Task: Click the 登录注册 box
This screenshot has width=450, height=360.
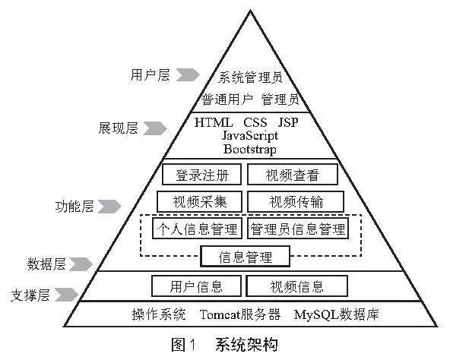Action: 201,175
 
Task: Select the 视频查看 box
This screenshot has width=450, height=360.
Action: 293,175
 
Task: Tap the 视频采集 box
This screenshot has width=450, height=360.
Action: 199,202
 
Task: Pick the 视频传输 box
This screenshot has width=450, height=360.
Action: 296,202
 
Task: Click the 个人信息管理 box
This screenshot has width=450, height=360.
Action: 197,229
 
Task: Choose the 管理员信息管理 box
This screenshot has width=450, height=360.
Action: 298,229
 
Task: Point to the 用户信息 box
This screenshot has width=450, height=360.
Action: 196,286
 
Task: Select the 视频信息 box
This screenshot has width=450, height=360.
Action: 296,286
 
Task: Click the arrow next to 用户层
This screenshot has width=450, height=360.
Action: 188,74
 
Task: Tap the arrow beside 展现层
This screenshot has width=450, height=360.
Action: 155,128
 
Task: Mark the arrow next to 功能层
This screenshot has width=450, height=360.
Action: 109,207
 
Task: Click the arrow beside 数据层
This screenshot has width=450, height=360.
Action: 81,264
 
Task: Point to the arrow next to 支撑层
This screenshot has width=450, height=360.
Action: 66,295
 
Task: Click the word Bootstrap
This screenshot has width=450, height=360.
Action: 250,150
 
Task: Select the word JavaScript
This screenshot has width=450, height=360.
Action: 250,136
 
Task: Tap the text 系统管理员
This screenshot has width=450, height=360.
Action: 250,77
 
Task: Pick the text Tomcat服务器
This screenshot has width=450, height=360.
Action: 240,314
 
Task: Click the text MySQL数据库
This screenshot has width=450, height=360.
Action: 336,314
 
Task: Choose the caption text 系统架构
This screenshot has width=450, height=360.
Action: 246,345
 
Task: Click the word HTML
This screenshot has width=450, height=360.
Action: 214,122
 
